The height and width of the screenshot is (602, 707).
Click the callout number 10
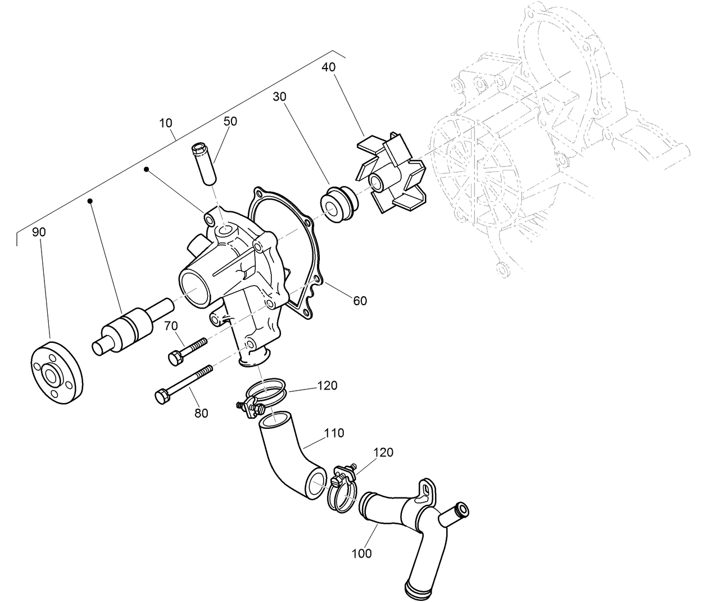click(166, 123)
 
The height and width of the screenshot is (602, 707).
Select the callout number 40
click(328, 67)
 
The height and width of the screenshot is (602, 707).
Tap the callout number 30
click(279, 97)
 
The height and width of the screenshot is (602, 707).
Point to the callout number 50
click(230, 121)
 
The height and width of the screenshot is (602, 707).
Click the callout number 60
click(360, 301)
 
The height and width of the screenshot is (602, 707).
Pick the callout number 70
click(171, 325)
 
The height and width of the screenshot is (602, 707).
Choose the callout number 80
click(201, 413)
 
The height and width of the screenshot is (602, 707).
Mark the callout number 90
click(38, 232)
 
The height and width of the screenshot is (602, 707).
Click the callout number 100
click(362, 553)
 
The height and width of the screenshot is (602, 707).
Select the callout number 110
click(334, 433)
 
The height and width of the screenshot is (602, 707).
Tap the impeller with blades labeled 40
click(392, 175)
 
